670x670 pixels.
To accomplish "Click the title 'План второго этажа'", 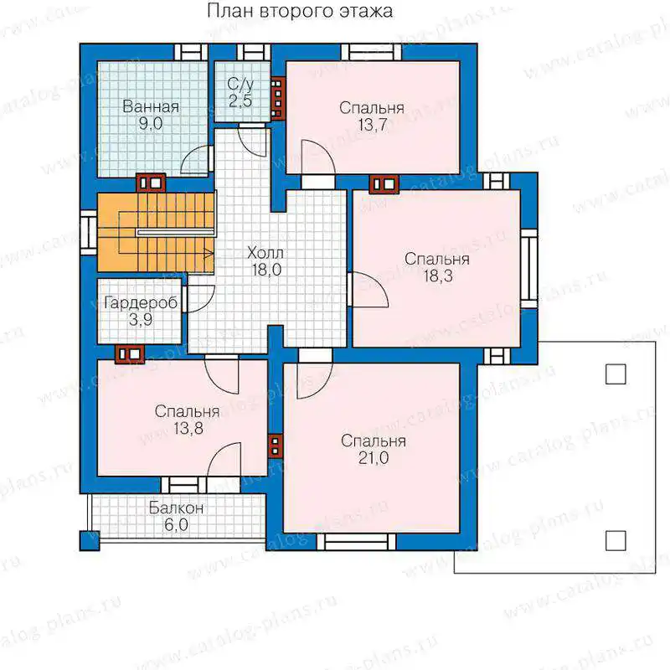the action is pos(300,12).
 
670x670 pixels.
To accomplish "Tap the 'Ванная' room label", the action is pos(151,107).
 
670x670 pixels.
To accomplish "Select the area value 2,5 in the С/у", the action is pos(240,101).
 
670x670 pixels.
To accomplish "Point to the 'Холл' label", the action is pos(265,253).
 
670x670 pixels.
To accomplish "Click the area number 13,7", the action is pos(373,125).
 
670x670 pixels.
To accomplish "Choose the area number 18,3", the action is pos(438,276).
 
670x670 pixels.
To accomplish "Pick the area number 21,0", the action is pos(374,458).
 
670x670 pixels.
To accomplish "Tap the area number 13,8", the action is pos(188,428).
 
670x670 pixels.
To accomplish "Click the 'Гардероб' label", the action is pos(141,303).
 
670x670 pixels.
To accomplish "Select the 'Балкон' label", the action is pos(176,508).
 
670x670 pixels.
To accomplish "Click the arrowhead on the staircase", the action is pos(209,254).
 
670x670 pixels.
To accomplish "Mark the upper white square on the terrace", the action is pos(616,374).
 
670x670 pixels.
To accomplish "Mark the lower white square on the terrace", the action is pos(616,540).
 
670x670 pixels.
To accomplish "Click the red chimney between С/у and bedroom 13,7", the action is pos(278,98).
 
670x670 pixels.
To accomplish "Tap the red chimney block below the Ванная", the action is pos(151,183).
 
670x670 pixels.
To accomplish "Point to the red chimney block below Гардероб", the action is pos(130,354).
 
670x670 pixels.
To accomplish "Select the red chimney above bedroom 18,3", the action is pos(384,184).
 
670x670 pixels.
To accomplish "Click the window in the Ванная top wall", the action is pos(191,52).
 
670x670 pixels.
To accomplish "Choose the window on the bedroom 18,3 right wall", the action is pos(528,268).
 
